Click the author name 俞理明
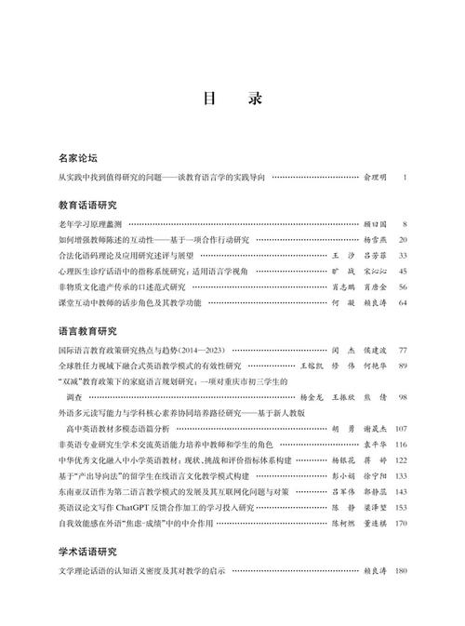[x=372, y=176]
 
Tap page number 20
[x=403, y=239]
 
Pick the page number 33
[x=403, y=255]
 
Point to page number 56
[x=403, y=286]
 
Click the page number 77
[x=403, y=350]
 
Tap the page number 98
[x=403, y=397]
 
